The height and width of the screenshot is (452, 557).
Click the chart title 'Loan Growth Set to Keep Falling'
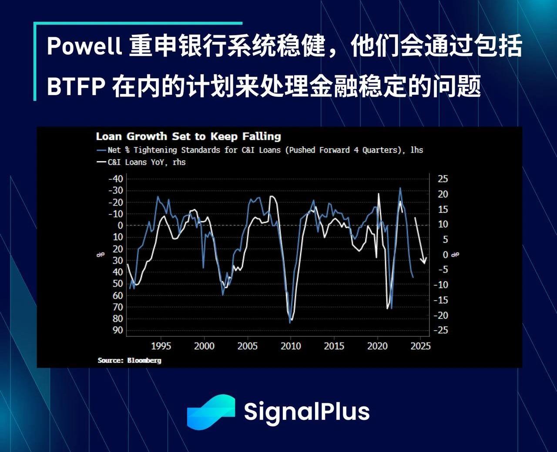click(x=188, y=136)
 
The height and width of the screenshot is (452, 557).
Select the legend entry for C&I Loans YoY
click(x=141, y=162)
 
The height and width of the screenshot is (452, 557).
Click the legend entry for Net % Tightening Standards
click(x=260, y=150)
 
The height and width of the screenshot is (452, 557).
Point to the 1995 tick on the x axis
click(x=161, y=346)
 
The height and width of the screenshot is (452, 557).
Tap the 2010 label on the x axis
click(x=291, y=346)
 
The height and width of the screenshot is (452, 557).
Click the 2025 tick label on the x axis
click(x=420, y=346)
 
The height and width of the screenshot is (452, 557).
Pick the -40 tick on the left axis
click(x=116, y=179)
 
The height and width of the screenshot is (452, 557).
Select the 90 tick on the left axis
click(x=118, y=330)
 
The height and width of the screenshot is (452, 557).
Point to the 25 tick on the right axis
click(x=443, y=179)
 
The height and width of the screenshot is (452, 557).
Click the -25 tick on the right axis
click(x=441, y=330)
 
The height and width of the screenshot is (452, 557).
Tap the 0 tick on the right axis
click(x=445, y=255)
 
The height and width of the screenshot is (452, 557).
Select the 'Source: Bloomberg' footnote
click(x=129, y=360)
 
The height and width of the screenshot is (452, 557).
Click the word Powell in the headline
click(x=84, y=46)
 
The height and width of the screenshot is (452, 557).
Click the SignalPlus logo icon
click(x=211, y=412)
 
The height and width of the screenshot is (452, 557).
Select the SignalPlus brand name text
click(x=307, y=412)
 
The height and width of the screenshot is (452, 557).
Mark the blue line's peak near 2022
click(x=400, y=187)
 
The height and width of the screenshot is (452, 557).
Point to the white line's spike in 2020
click(x=379, y=193)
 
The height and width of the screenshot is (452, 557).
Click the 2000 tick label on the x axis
click(x=204, y=346)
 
